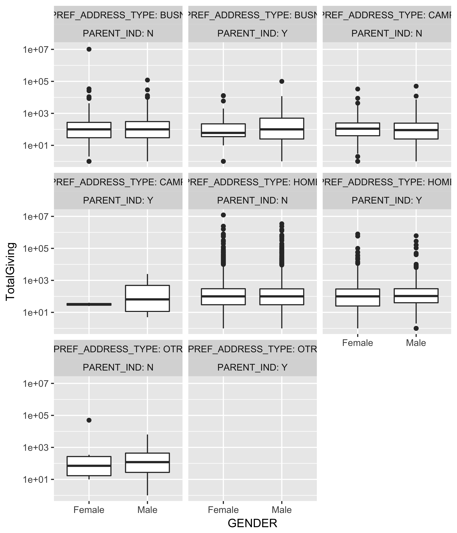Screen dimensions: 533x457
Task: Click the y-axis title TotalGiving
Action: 11,271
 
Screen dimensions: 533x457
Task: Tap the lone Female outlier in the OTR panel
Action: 89,420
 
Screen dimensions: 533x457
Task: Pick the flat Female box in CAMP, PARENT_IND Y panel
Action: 89,304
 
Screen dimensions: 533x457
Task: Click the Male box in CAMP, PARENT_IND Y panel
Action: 147,298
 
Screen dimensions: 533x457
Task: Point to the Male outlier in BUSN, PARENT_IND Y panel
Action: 282,81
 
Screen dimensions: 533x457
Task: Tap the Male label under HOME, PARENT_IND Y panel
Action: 416,343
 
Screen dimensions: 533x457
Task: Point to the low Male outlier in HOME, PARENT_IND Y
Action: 416,328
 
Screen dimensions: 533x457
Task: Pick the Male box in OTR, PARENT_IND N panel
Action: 147,463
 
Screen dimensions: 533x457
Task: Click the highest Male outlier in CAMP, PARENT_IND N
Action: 416,86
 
